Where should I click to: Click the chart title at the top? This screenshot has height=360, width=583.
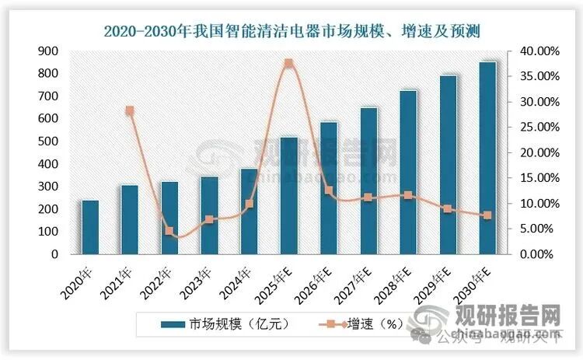pos(291,30)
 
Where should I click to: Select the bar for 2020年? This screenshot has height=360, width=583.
pos(90,227)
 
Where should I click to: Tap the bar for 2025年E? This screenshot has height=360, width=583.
pos(288,196)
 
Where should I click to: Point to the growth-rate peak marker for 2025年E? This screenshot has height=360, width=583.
pos(288,63)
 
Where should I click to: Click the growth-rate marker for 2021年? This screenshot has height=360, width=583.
pos(130,111)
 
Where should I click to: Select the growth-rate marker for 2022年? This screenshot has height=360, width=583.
pos(169,231)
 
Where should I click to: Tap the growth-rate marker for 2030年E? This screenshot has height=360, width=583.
pos(487,215)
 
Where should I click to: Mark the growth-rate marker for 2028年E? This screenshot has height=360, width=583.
pos(408,196)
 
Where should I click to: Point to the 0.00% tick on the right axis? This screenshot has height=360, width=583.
pos(536,254)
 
